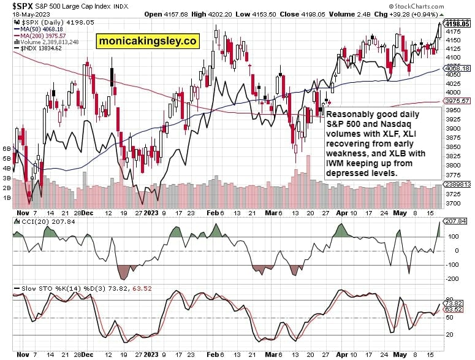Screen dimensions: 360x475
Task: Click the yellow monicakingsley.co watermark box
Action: (x=147, y=41)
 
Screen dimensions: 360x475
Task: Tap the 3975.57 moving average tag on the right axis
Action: (x=458, y=101)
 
